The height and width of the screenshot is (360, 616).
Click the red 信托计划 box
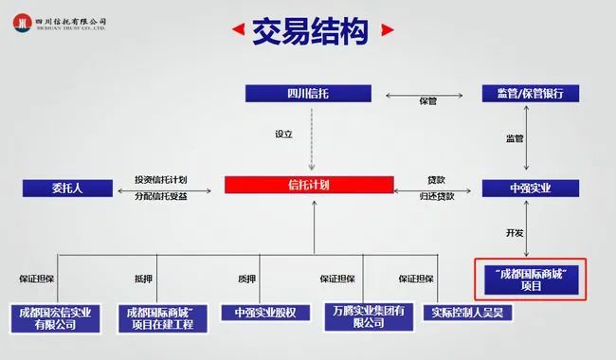coord(309,185)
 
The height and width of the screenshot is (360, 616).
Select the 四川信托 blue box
coord(308,94)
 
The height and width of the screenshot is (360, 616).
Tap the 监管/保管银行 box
coord(531,94)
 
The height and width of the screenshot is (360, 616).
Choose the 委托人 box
coord(67,188)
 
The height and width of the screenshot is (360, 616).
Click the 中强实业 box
coord(531,188)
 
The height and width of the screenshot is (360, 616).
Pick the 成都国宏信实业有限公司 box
coord(55,318)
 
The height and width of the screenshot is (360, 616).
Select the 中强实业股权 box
coord(265,313)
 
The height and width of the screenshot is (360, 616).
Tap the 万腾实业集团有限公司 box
coord(369,316)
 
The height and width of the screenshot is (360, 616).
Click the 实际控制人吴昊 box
coord(467,313)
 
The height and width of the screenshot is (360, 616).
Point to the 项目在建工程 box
coord(163,318)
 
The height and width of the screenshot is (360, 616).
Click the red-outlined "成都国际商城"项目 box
coord(531,279)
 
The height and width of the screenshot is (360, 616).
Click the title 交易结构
coord(310,31)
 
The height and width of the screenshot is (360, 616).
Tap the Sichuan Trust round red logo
coord(22,23)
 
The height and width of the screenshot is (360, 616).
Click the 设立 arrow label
coord(283,135)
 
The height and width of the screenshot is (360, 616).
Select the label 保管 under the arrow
coord(427,101)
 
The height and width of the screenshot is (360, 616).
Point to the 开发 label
coord(515,233)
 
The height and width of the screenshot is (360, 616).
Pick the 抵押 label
coord(143,279)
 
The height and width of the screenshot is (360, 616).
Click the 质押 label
coord(246,279)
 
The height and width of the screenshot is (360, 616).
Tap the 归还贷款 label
coord(437,196)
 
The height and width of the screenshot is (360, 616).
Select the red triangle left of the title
coord(239,29)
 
